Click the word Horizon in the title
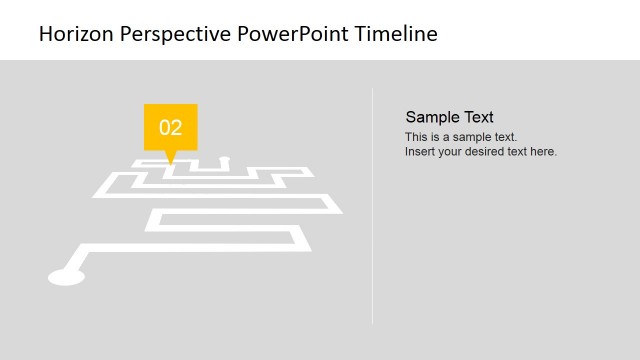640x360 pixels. pos(77,34)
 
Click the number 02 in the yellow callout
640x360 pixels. pos(171,127)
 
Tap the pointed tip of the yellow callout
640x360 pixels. pos(171,162)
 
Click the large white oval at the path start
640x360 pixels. pos(66,276)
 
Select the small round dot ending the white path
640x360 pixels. pos(224,158)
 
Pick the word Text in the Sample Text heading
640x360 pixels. pos(476,117)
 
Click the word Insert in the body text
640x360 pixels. pos(420,152)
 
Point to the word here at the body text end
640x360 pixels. pos(543,152)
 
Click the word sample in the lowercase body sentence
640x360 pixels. pos(474,137)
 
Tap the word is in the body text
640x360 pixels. pos(437,137)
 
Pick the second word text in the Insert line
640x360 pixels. pos(520,152)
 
